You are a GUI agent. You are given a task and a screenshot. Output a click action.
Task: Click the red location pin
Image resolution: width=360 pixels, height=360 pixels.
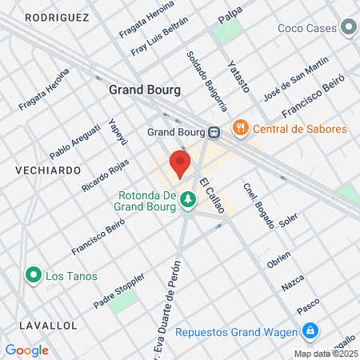pos(180,164)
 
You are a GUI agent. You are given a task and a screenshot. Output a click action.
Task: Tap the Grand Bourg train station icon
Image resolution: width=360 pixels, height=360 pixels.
pos(215,132)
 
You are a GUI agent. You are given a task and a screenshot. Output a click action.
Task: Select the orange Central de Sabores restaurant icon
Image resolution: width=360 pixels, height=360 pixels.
pos(239,128)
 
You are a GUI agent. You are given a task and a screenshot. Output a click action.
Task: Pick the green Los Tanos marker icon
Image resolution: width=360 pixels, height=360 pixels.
pos(34,276)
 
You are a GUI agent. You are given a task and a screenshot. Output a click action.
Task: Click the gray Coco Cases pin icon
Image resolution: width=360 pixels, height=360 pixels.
pos(348,29)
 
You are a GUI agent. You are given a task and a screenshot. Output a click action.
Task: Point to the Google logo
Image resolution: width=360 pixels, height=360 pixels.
pos(27,350)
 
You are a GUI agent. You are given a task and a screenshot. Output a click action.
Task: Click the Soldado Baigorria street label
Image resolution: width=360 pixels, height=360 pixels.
pos(206,80)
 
